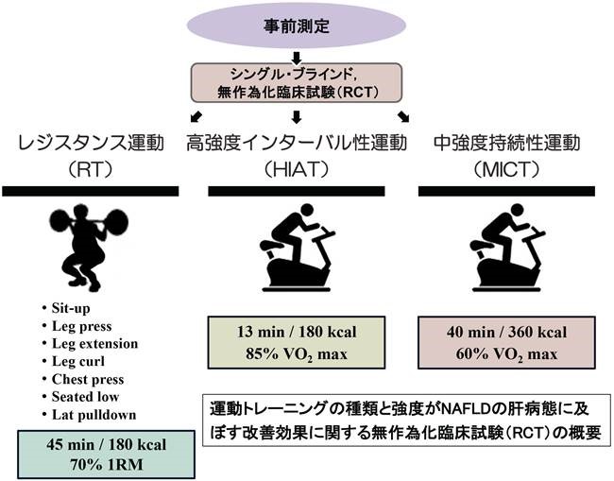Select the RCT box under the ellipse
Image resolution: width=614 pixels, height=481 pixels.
[297, 83]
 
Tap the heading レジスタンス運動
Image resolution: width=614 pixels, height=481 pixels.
[91, 143]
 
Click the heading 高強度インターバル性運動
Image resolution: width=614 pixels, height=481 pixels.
[297, 143]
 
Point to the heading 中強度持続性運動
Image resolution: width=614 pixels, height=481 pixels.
[509, 143]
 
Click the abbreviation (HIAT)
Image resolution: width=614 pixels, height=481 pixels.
[297, 171]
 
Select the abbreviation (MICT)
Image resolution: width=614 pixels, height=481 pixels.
[509, 171]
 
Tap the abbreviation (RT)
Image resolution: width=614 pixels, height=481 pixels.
[91, 171]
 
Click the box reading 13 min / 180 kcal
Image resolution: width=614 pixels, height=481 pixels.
[297, 342]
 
